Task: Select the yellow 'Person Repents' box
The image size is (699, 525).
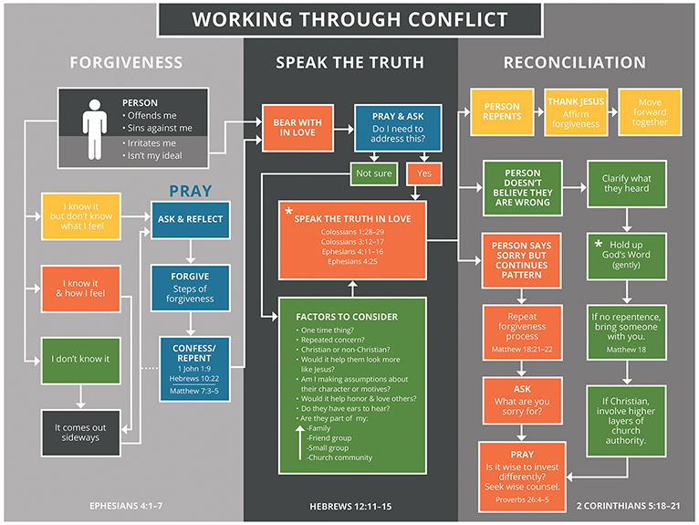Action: point(502,111)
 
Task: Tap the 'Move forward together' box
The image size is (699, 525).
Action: point(650,110)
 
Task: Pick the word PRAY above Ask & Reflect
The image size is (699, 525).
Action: point(190,192)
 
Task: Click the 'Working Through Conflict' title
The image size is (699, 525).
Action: point(350,18)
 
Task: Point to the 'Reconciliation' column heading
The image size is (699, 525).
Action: point(574,63)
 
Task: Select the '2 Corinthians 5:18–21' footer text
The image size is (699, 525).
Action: point(629,504)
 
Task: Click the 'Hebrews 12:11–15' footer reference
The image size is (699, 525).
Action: point(350,504)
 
